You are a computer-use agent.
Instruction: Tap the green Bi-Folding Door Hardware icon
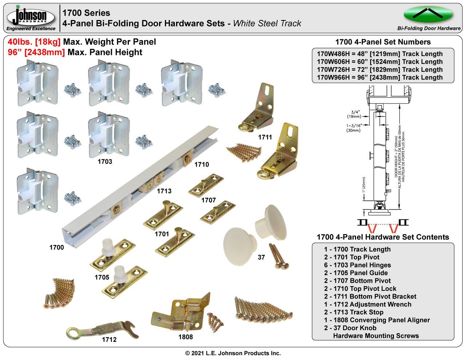coord(428,15)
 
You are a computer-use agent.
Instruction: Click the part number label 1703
coord(105,162)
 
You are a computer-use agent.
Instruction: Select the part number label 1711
coord(265,137)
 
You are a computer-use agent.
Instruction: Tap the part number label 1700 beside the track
coord(57,248)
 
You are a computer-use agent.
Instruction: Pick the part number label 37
coord(261,257)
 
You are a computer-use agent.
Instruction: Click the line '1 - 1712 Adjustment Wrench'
coord(368,304)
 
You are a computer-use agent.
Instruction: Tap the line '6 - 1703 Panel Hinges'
coord(358,265)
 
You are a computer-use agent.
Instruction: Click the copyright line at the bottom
coord(233,353)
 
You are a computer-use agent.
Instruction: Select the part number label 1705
coord(102,277)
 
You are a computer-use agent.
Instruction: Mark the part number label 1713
coord(164,191)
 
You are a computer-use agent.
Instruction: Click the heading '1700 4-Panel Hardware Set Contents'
coord(383,237)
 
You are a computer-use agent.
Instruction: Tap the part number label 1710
coord(202,165)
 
